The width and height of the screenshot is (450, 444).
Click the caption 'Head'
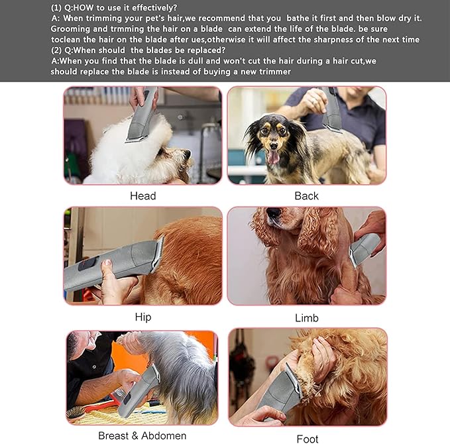[x=143, y=196]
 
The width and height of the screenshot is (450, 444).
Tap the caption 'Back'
[x=306, y=196]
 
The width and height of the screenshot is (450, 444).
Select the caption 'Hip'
[x=143, y=317]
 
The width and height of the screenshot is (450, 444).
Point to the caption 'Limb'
[x=307, y=318]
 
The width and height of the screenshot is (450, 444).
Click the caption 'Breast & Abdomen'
[x=142, y=435]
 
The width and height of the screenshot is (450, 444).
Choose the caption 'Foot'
[x=308, y=439]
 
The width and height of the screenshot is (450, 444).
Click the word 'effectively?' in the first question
[x=154, y=8]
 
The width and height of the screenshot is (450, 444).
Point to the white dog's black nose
[x=187, y=154]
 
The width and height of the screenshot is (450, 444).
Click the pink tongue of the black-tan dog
[x=273, y=157]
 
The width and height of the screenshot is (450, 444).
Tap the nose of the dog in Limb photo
[x=273, y=212]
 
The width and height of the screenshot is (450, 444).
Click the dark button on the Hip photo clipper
[x=88, y=263]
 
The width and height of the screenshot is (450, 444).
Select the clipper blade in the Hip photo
[x=158, y=254]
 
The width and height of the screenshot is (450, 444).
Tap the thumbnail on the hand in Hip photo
[x=107, y=262]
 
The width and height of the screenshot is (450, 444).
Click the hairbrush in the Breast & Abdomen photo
[x=75, y=412]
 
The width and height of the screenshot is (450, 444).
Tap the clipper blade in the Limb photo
[x=353, y=258]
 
